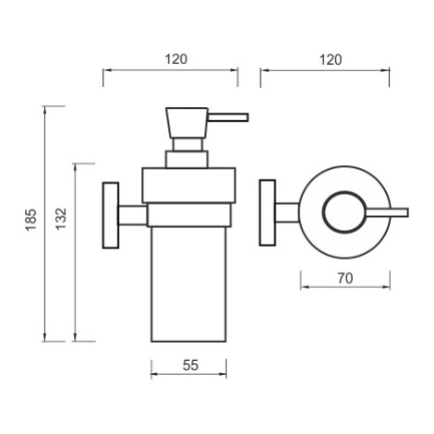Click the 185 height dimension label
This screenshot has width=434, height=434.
pos(31,220)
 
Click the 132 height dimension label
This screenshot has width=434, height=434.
pos(61,219)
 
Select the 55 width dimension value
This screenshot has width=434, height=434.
pos(190,366)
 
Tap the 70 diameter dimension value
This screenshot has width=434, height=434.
pos(345,279)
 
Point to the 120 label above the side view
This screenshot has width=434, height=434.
pos(176,59)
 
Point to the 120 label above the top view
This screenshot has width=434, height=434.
pos(331,60)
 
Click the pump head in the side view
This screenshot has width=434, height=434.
pos(187,123)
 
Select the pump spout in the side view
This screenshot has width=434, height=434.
pos(228,117)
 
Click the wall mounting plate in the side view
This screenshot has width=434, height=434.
pos(111,215)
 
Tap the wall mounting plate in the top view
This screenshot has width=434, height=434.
pos(268,212)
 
